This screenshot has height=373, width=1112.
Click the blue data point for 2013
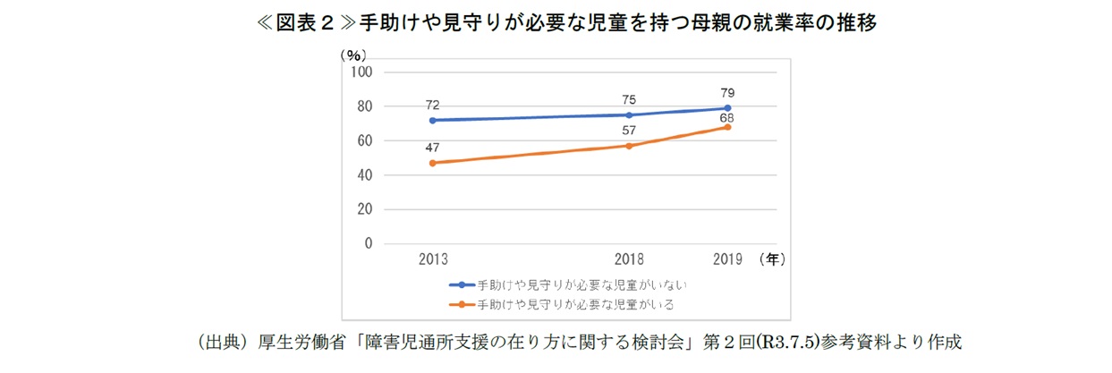coord(433,120)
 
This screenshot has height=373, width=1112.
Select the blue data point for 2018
coord(630,114)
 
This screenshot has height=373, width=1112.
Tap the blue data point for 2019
coord(727,108)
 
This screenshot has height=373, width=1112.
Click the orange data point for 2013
coord(433,163)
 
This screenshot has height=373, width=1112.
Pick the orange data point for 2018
coord(630,146)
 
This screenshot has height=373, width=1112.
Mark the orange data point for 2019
coord(727,127)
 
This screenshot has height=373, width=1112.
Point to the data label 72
coord(433,105)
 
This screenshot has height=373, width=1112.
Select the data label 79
coord(727,92)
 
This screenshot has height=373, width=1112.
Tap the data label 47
coord(433,148)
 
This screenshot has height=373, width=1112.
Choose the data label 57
coord(630,131)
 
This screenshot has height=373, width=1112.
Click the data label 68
coord(727,117)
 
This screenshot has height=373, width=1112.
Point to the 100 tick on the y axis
coord(361,72)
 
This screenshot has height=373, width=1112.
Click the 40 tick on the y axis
coord(365,175)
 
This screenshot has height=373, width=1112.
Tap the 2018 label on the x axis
coord(630,260)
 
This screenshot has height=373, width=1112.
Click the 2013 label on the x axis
coord(433,260)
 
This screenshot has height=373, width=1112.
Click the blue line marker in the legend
coord(462,285)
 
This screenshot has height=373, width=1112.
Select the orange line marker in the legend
coord(462,305)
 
